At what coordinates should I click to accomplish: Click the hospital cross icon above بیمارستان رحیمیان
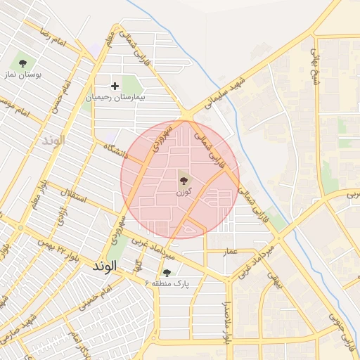115,86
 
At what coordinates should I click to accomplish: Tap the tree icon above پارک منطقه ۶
167,272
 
